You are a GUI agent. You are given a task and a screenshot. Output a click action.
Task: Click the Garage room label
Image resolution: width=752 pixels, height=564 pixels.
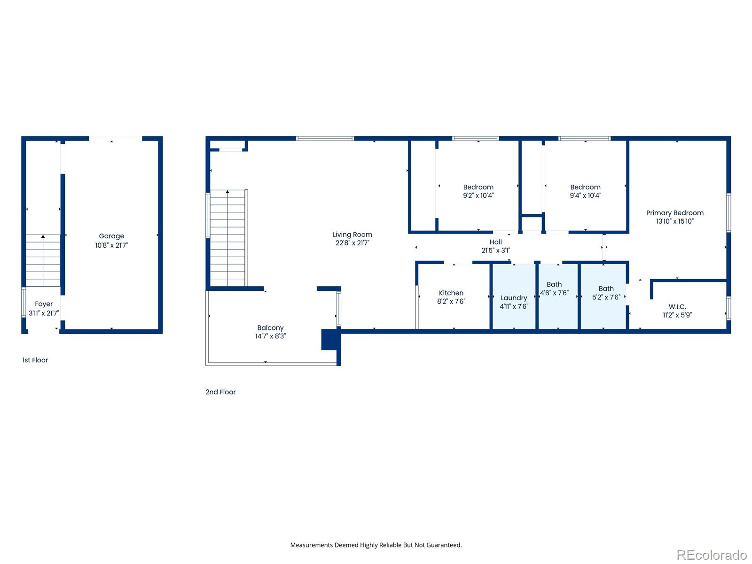111,236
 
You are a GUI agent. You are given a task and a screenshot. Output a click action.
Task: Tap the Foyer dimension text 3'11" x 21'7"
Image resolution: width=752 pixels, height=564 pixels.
44,313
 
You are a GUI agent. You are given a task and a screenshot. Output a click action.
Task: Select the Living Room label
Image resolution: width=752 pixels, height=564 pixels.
352,235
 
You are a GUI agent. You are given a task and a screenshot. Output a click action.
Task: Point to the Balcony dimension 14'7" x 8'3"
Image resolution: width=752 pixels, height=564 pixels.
270,336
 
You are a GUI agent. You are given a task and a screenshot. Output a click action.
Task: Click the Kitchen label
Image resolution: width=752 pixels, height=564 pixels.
451,293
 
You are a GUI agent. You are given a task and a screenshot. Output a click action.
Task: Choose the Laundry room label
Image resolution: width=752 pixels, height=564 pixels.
514,298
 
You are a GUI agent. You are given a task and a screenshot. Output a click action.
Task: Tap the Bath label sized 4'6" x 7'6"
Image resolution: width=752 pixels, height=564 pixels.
554,284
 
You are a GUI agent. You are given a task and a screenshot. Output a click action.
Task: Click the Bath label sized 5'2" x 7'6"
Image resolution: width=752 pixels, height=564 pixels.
606,289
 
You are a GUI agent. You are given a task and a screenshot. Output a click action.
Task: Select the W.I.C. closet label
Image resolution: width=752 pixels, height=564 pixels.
677,306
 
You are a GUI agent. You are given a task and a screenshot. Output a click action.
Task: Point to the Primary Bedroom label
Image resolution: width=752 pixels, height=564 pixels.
674,213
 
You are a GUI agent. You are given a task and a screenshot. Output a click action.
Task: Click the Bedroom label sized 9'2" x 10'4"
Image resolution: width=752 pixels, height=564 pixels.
478,187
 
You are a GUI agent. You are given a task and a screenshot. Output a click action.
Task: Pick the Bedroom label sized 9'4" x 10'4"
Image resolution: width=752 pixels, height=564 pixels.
585,187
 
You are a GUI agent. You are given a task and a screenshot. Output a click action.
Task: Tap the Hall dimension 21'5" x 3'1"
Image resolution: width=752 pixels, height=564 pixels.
495,251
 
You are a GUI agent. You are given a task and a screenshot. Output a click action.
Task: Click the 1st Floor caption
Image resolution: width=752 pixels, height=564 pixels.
35,360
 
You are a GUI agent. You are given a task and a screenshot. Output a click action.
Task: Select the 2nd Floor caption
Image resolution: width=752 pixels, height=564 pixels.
220,392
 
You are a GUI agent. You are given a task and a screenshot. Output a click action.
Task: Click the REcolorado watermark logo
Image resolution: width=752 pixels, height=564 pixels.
712,555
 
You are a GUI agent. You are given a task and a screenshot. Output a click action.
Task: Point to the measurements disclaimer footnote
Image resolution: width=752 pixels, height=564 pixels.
376,545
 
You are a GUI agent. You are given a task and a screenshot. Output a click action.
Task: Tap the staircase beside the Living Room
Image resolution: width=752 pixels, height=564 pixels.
227,238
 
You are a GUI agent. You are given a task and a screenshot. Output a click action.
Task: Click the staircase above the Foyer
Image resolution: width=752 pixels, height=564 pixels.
43,260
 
